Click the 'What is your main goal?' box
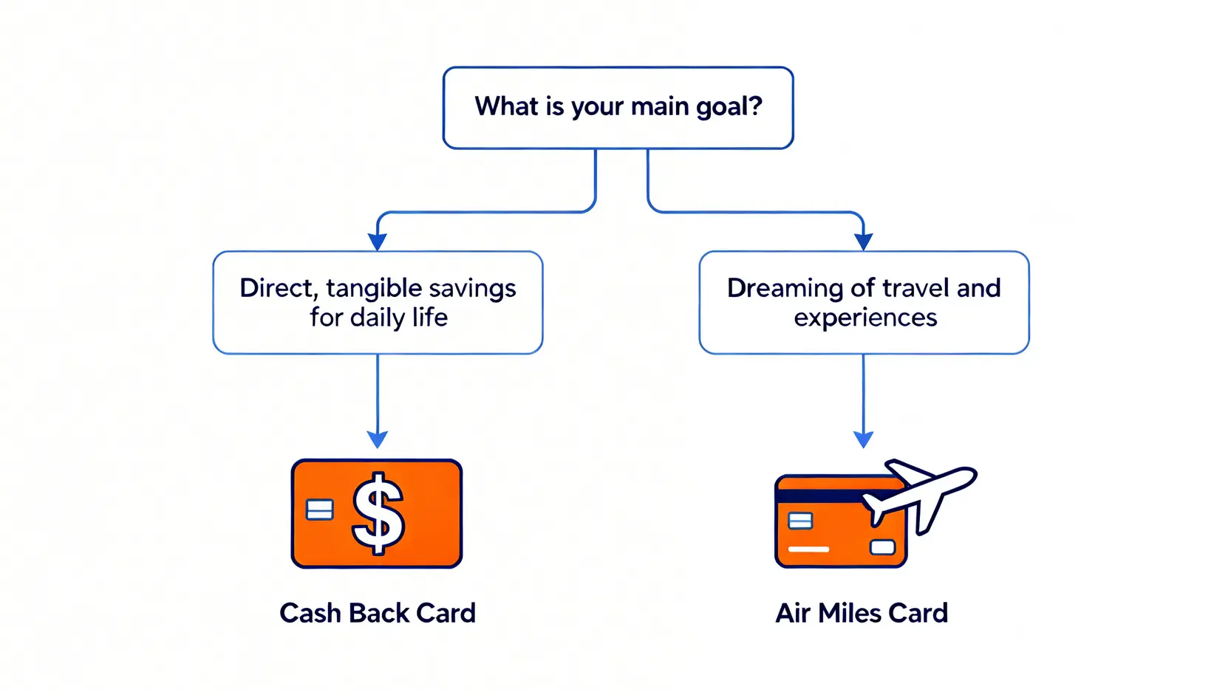[x=618, y=108]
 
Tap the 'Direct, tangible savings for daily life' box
[x=378, y=303]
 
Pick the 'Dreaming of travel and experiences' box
[x=864, y=303]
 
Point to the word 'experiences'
[x=865, y=318]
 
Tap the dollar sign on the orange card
[x=378, y=513]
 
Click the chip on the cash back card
[x=319, y=510]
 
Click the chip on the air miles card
[x=800, y=521]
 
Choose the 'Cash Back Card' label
[x=378, y=613]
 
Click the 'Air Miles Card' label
[x=862, y=613]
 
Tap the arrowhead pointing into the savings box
[x=378, y=241]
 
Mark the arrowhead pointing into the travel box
[x=864, y=241]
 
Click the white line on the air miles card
[x=808, y=549]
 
